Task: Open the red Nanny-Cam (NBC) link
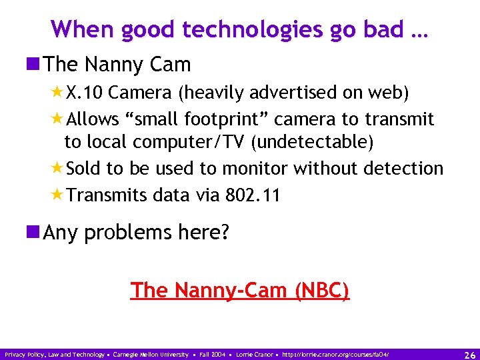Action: tap(239, 291)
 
